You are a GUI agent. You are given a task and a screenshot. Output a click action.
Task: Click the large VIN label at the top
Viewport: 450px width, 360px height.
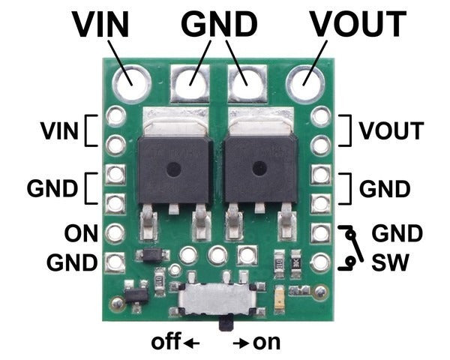100,25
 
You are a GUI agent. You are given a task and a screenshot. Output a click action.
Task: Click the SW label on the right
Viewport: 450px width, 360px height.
390,262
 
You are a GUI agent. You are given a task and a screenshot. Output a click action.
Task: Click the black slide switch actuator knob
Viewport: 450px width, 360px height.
225,324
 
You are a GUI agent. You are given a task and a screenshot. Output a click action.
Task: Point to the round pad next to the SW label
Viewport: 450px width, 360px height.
321,262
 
